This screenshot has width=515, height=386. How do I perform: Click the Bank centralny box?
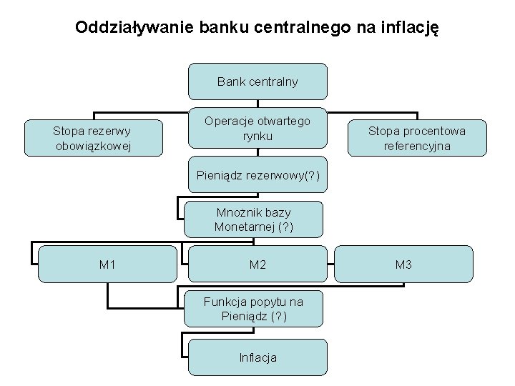click(x=257, y=81)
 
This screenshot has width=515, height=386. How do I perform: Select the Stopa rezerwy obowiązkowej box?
click(x=93, y=139)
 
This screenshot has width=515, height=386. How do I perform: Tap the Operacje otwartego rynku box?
click(x=257, y=128)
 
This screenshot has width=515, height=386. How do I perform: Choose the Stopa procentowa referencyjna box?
click(x=416, y=139)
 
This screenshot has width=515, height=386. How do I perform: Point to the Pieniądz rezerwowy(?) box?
click(x=257, y=176)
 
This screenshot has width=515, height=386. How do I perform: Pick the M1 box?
click(x=107, y=264)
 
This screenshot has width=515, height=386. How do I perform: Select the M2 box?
click(x=257, y=264)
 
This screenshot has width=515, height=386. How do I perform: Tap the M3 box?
click(x=403, y=264)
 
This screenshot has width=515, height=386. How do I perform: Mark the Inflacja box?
click(x=257, y=357)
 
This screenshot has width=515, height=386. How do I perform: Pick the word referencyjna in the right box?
click(x=416, y=147)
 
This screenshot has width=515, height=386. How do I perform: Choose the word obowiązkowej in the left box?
click(x=93, y=147)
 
